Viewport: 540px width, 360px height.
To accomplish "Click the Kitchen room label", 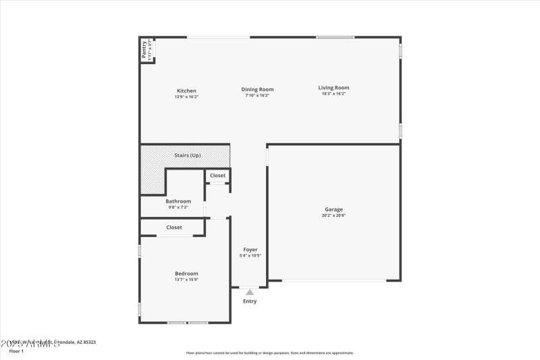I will pos(186,91).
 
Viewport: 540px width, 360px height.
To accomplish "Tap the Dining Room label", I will pos(257,89).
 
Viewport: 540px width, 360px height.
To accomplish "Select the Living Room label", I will pos(333,87).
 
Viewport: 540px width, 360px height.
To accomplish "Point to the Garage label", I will pos(333,209).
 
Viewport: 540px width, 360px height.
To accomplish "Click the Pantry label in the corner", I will pos(144,49).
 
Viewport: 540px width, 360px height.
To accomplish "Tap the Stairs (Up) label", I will pos(187,155).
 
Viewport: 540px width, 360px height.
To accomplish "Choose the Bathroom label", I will pos(178,201).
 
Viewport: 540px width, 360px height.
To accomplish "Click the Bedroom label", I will pos(186,273).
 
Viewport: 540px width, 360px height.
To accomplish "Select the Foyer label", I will pos(250,249).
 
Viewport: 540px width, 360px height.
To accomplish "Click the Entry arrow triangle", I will pos(250,292).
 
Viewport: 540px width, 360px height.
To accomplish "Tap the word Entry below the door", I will pos(250,301).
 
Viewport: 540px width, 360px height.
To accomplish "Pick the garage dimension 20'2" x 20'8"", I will pos(333,215).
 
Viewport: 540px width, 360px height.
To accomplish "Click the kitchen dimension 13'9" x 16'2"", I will pos(186,97).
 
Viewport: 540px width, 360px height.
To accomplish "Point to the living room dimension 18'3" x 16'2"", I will pos(333,94).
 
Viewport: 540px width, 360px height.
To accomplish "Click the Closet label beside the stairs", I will pos(217,176).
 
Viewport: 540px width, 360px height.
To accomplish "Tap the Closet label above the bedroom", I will pos(174,228).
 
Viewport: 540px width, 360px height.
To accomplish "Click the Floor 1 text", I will pos(16,351).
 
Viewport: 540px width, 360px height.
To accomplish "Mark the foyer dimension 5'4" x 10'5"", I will pos(250,255).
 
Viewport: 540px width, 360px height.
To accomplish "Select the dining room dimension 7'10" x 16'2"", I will pos(257,95).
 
